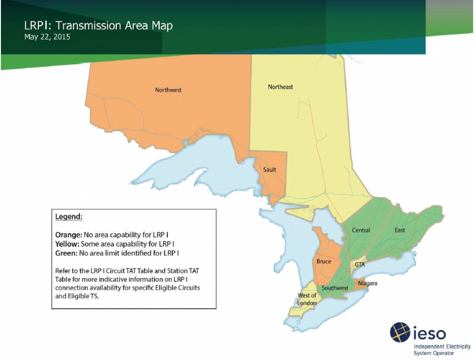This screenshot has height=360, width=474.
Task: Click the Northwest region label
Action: coord(168,90)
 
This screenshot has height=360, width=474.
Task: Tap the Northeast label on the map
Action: coord(281,87)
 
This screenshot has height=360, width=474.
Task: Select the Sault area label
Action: coord(269,170)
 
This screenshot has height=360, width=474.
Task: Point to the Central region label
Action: coord(361,230)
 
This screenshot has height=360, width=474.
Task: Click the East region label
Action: coord(400,230)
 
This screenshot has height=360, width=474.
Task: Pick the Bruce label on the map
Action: coord(324,261)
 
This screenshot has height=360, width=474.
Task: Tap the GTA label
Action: coord(360,265)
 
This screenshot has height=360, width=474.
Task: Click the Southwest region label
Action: coord(335,288)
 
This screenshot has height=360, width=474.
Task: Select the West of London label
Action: coord(307,299)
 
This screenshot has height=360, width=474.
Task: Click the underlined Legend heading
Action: coord(69,217)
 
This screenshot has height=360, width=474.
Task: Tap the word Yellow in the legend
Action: coord(67,243)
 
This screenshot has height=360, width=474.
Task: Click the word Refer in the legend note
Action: coord(62,270)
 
